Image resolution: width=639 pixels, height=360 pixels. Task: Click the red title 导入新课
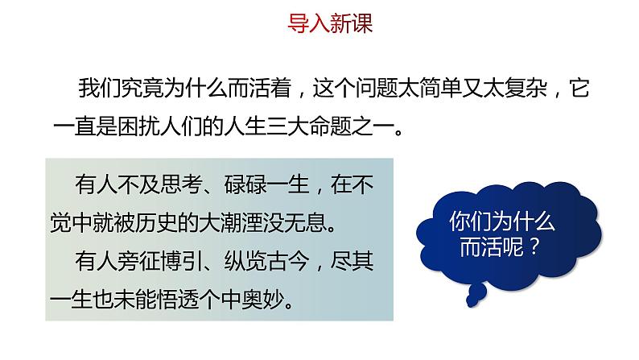pyautogui.click(x=330, y=23)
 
